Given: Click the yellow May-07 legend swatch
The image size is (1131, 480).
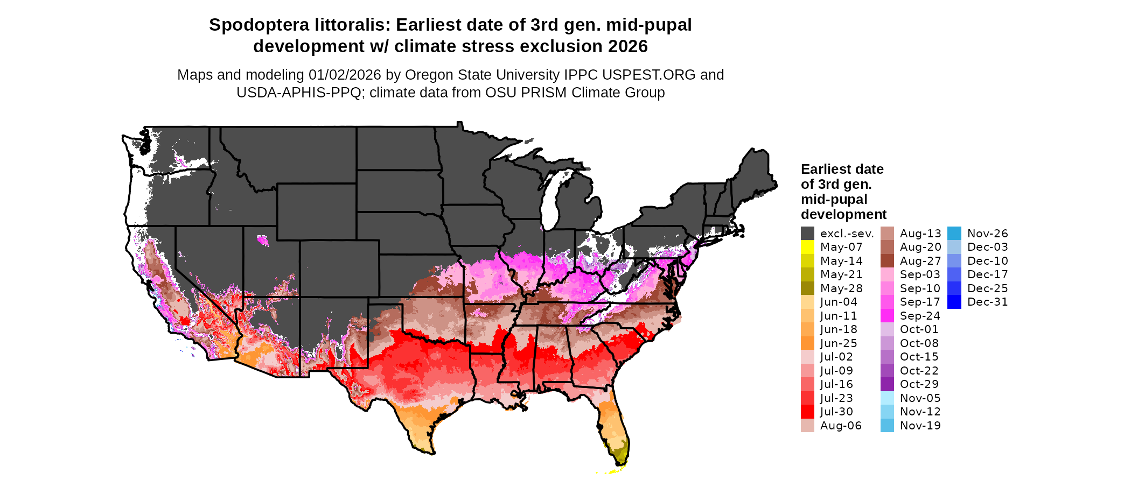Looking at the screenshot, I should pos(807,247).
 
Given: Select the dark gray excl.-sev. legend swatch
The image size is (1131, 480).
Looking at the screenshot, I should pos(807,234).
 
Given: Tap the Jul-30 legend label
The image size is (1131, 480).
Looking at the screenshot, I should pos(836,412).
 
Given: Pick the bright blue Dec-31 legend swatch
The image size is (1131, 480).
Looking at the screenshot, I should pos(954,302).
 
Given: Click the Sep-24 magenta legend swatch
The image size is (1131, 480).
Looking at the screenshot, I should pos(887,316).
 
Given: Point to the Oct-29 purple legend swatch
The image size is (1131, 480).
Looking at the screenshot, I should pos(887,384).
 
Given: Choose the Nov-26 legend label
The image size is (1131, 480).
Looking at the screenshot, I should pos(987,234).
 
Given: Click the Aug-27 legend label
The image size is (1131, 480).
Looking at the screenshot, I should pos(920,261).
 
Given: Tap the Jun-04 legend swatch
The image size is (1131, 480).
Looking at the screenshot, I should pos(807,302).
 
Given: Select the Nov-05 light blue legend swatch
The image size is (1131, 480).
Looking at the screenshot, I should pos(887,398).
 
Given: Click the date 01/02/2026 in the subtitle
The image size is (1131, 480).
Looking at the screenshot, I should pos(345,75).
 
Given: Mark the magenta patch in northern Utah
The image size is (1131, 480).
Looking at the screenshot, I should pos(263,240).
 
